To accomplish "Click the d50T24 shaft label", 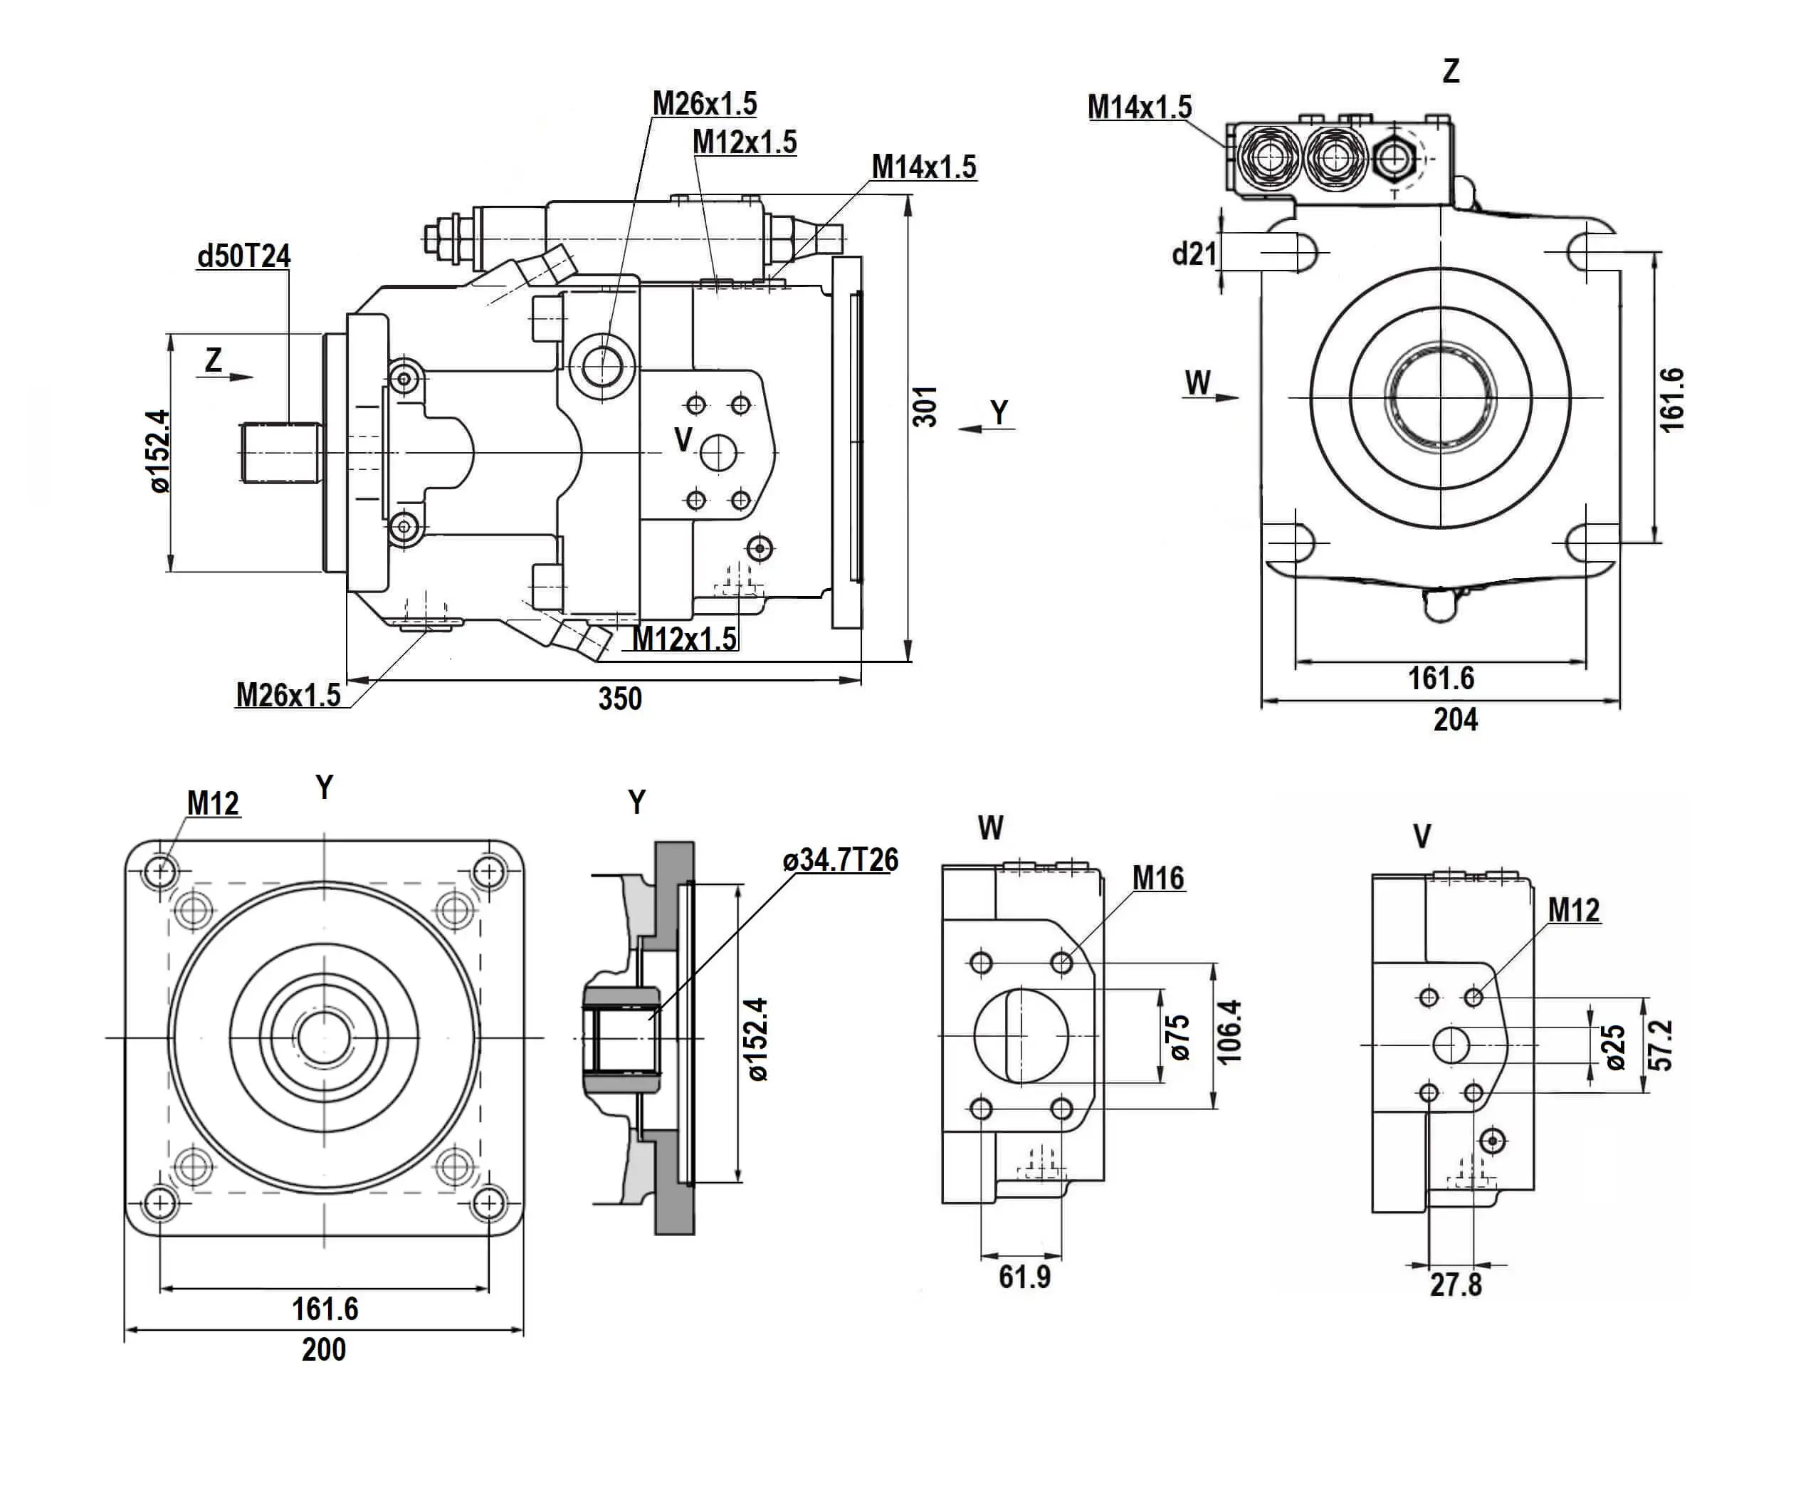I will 244,256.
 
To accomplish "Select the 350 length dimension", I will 620,699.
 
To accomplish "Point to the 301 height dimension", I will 924,407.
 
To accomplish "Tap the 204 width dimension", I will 1456,720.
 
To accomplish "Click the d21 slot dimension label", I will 1194,253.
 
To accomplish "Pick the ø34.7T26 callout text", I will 840,859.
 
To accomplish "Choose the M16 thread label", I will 1157,878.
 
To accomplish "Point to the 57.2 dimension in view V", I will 1661,1045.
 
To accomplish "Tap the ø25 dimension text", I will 1615,1047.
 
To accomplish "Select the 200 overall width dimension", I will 324,1349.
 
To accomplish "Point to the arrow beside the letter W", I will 1226,397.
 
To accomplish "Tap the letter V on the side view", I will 683,440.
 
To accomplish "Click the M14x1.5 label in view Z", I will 1140,108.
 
